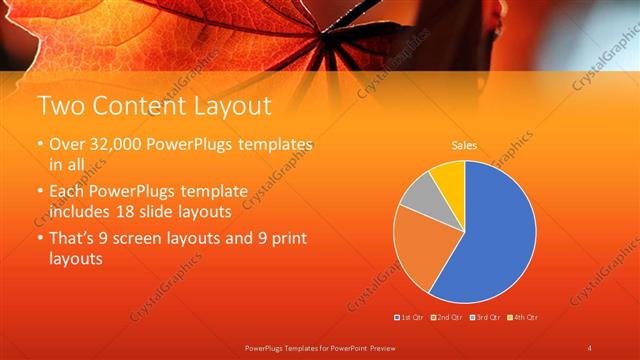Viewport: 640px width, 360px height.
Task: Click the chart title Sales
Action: click(464, 146)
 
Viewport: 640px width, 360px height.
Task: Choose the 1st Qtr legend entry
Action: click(409, 317)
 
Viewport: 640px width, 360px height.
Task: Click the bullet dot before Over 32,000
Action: click(41, 146)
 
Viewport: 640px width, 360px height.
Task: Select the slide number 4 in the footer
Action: click(589, 347)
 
